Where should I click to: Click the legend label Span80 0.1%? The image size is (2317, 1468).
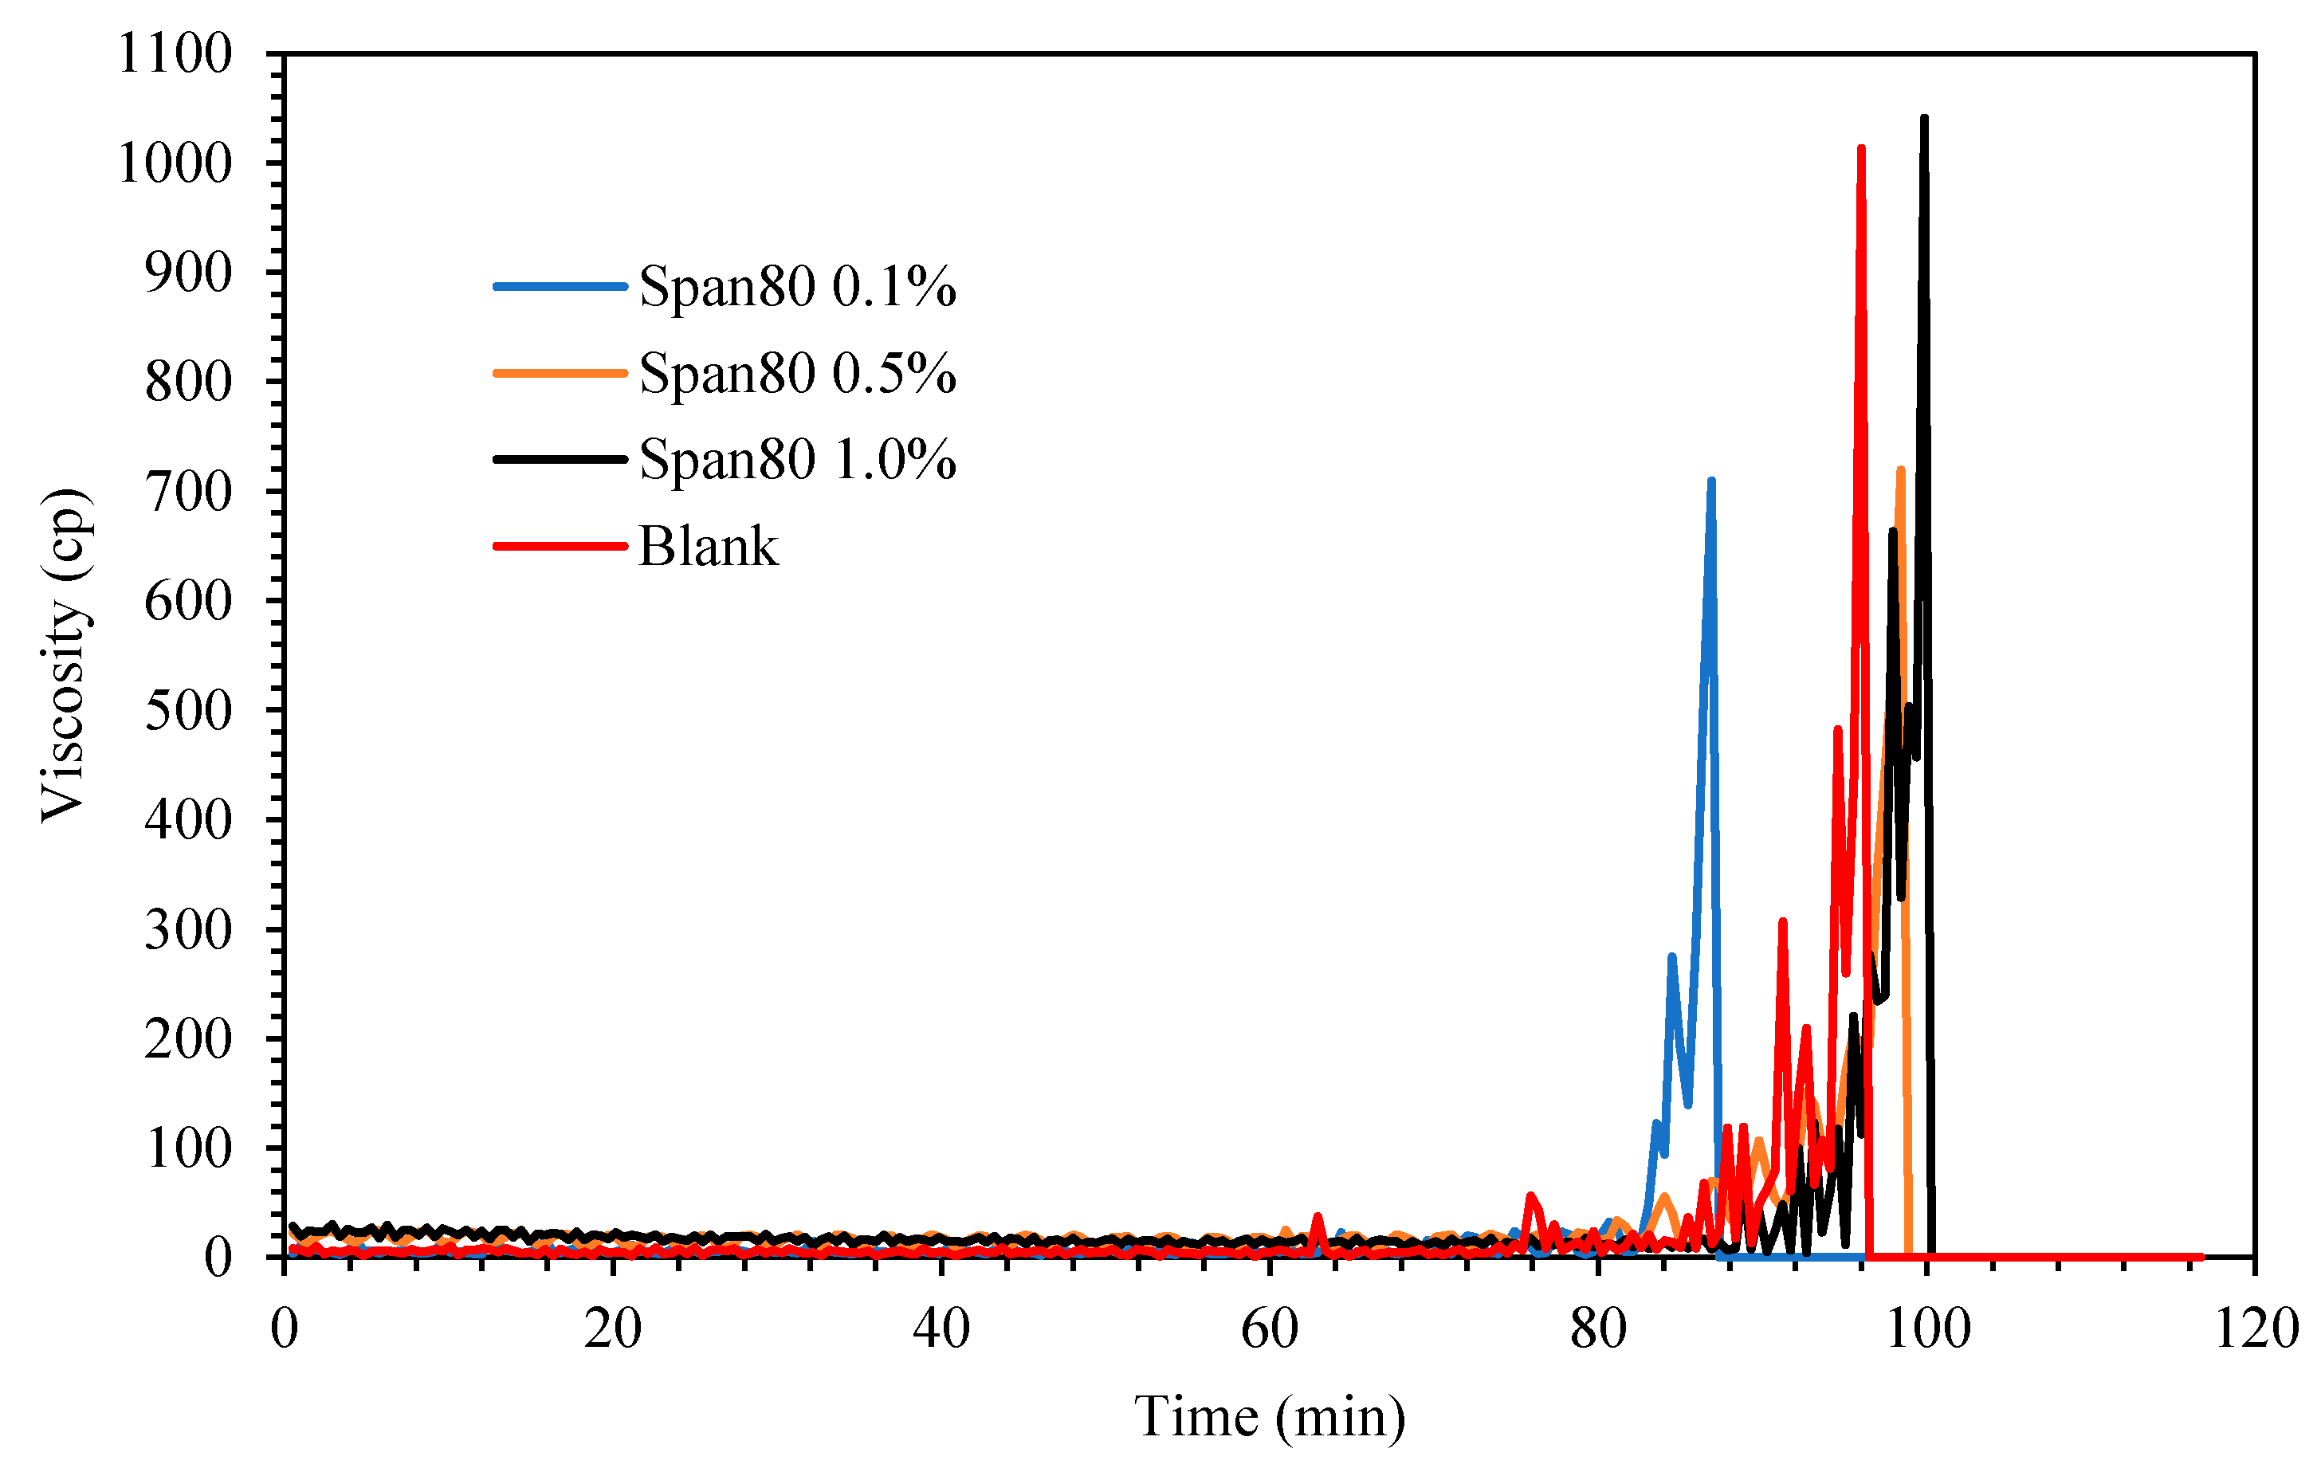[797, 287]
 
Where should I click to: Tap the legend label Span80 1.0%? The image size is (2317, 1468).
[797, 459]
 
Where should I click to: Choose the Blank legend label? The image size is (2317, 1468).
[709, 547]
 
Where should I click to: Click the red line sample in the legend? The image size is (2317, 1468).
[560, 547]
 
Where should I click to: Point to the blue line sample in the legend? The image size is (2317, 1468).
[560, 287]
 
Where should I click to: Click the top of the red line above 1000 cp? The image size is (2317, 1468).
[1861, 149]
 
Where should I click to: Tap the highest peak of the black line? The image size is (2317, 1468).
[1923, 118]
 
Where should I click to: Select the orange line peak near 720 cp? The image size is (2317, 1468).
[1900, 469]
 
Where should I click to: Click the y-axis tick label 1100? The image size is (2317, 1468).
[175, 54]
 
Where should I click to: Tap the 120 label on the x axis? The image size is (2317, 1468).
[2256, 1330]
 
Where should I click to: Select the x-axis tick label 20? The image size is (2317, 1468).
[612, 1330]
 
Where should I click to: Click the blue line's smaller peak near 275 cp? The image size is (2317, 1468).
[1671, 956]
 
